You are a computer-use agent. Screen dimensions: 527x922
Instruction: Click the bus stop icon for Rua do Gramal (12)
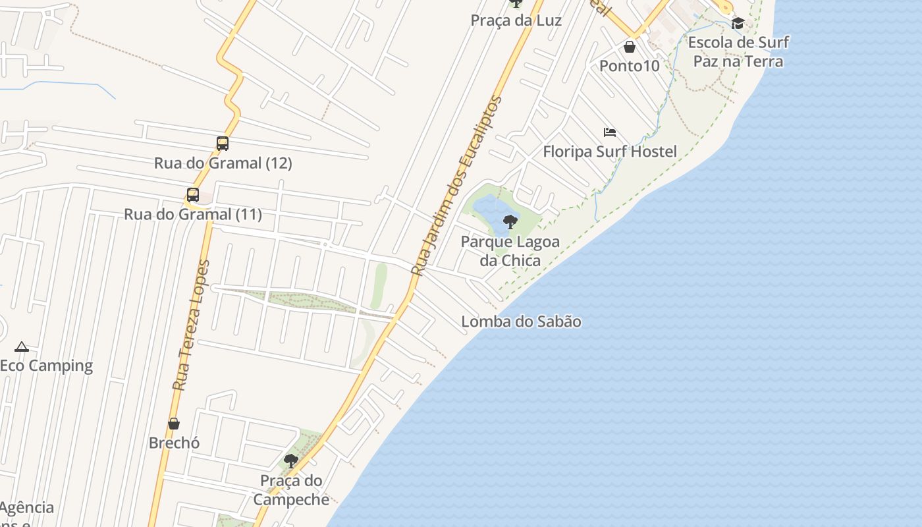[223, 143]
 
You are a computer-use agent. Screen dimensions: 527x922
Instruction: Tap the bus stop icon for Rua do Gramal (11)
[192, 194]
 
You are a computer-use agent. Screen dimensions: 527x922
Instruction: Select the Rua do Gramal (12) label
[223, 163]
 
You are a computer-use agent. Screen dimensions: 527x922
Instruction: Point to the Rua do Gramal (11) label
[192, 214]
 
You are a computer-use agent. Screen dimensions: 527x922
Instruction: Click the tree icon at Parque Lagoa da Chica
[510, 221]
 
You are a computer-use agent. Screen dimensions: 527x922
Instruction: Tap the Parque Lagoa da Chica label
[510, 251]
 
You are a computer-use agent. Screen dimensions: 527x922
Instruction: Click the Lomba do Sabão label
[521, 321]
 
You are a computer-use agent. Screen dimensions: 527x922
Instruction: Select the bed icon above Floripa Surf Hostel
[610, 132]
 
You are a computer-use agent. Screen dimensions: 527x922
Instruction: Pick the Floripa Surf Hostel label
[609, 152]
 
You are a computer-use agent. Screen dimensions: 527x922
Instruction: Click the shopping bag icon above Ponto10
[630, 47]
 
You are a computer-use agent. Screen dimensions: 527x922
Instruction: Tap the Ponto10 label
[629, 66]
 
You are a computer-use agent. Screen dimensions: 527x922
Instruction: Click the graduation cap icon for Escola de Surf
[738, 24]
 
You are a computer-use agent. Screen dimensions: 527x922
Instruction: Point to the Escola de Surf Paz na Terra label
[738, 52]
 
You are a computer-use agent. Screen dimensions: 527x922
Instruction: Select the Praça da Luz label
[516, 20]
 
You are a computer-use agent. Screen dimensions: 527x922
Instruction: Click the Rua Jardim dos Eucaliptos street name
[456, 186]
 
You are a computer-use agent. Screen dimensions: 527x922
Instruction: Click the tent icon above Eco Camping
[22, 347]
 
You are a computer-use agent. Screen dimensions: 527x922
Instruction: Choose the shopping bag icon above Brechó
[174, 423]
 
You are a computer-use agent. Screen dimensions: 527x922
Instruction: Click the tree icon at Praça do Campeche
[290, 460]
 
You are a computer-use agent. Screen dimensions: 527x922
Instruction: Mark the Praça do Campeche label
[291, 489]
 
